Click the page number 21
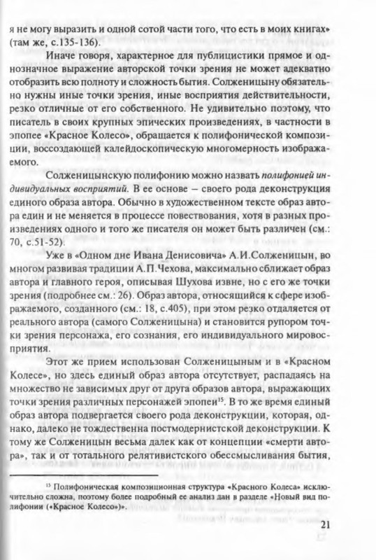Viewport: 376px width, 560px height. pyautogui.click(x=345, y=526)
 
